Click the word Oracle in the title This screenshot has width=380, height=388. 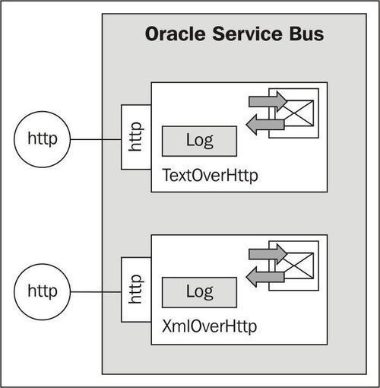175,33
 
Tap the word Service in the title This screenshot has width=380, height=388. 247,33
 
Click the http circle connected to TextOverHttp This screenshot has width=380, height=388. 42,139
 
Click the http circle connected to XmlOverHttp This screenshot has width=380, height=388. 42,291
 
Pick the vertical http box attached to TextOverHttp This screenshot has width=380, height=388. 136,137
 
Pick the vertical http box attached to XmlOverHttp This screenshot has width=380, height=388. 136,290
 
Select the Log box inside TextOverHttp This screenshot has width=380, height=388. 199,141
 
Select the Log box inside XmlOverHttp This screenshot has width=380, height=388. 199,292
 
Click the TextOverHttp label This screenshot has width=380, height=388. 210,175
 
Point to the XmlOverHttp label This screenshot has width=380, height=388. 209,326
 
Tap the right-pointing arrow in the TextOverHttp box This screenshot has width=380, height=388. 268,101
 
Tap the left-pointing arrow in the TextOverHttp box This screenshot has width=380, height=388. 265,125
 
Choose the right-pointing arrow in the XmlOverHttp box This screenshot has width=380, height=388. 268,254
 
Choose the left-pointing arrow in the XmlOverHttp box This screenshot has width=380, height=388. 265,277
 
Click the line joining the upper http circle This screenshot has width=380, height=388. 96,139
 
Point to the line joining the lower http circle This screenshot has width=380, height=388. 96,292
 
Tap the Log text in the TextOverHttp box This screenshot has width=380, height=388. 200,141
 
